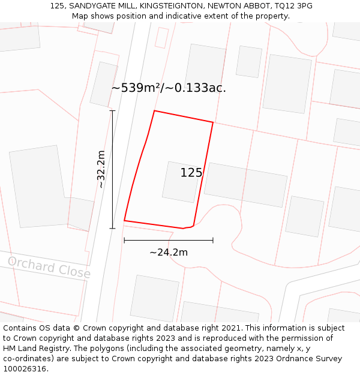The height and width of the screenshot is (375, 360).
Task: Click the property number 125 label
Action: point(191,173)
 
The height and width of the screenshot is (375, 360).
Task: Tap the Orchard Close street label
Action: point(49,268)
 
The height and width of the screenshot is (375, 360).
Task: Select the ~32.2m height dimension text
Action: point(101,169)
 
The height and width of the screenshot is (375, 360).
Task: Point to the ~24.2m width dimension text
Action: point(169,253)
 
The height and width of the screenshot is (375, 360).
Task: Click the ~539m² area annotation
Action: point(169,88)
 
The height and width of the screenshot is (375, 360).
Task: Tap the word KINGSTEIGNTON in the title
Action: point(178,6)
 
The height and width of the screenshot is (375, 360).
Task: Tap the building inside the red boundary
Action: point(181,182)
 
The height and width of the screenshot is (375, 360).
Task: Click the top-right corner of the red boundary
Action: point(213,122)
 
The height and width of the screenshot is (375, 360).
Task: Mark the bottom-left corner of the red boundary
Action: point(124,221)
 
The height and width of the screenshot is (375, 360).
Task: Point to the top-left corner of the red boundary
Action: point(155,111)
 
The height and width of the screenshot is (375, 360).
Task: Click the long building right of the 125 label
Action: point(245,185)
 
